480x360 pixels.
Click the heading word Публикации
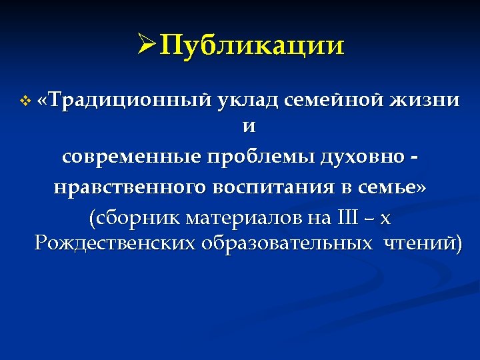(x=253, y=46)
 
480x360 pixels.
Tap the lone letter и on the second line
(x=250, y=127)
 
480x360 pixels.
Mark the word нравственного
(x=130, y=188)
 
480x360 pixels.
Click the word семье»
(x=393, y=188)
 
